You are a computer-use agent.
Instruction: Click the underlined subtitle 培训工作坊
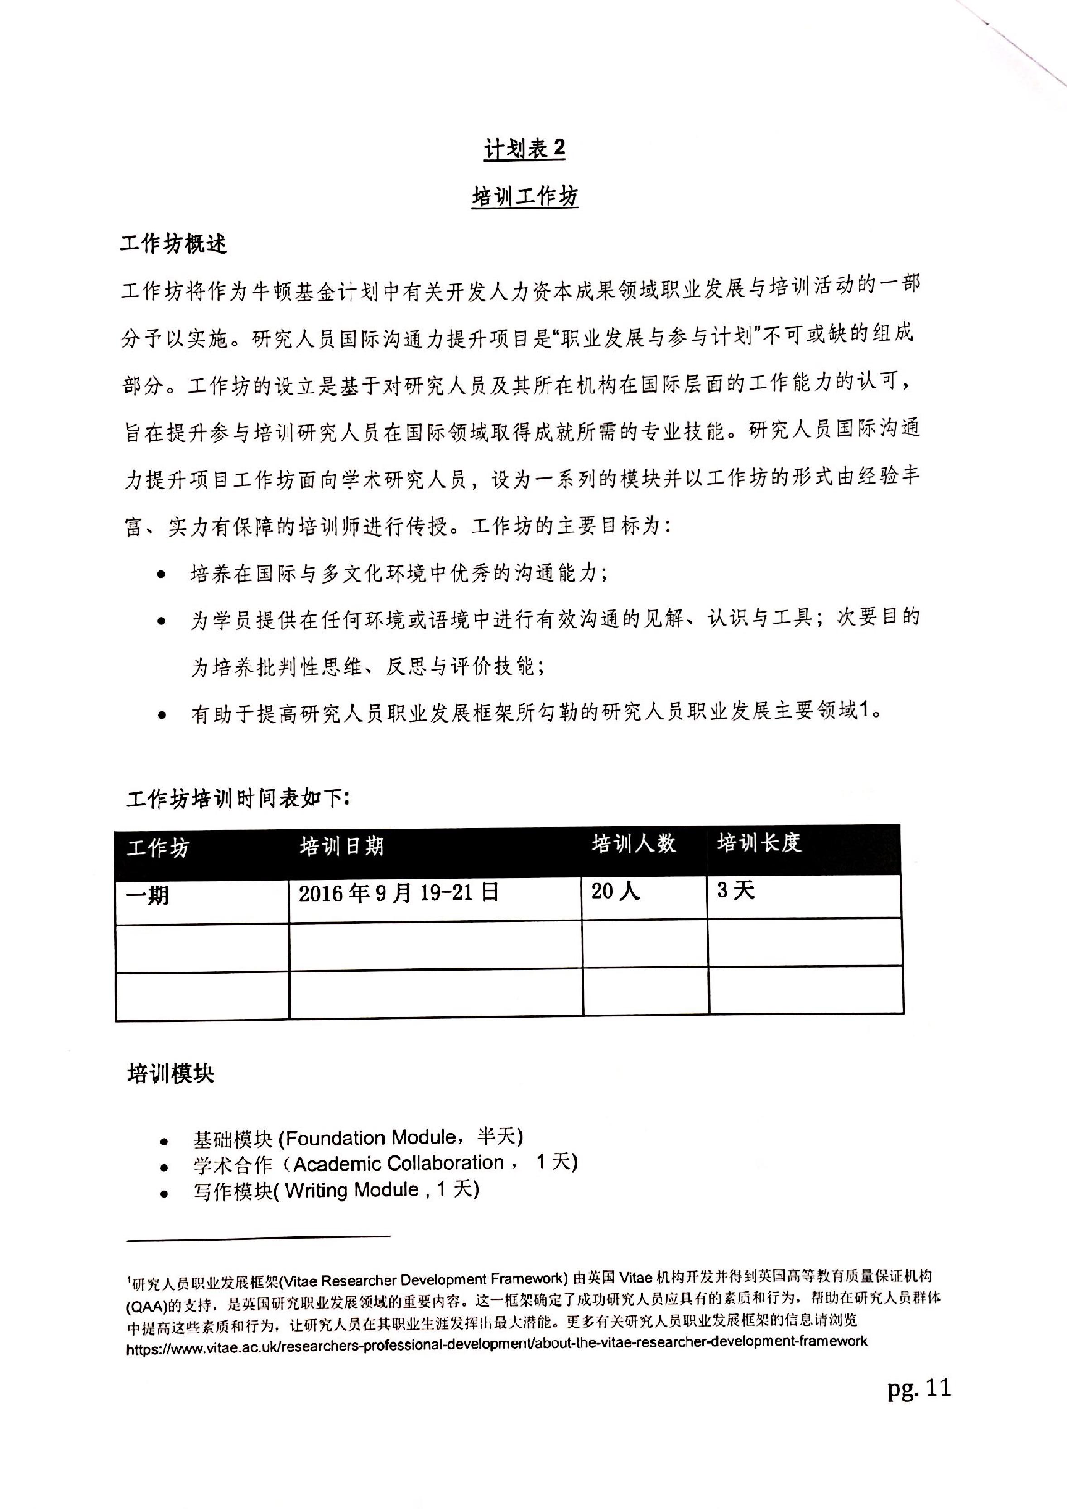[524, 196]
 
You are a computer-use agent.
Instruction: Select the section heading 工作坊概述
[173, 244]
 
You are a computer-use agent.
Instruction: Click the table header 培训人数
[633, 844]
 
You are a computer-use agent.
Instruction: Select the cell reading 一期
[148, 895]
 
